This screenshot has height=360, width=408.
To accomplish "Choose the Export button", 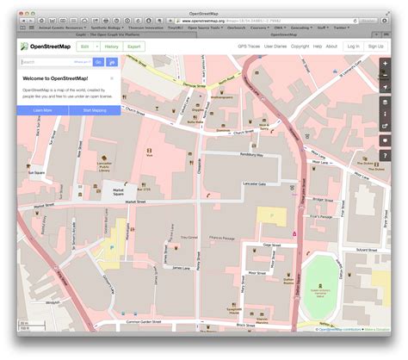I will point(134,46).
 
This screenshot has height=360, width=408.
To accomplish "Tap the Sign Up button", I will point(375,46).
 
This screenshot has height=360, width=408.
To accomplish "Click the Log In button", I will point(353,46).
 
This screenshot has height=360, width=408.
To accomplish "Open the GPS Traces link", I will point(250,46).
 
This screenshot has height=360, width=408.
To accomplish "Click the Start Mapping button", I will point(96,111).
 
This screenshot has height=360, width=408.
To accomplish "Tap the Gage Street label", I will point(272,245).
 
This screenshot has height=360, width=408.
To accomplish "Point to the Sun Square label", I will point(36,172).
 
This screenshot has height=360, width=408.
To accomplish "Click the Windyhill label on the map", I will point(53,302).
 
